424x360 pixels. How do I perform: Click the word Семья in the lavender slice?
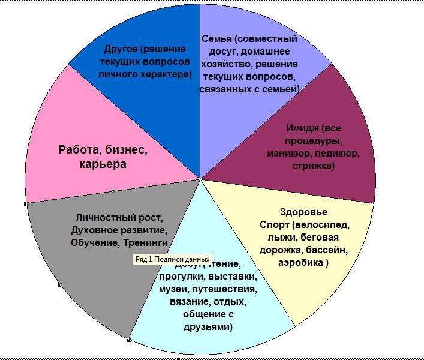click(215, 39)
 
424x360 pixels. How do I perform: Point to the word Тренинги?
click(146, 243)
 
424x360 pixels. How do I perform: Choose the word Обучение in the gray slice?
click(96, 243)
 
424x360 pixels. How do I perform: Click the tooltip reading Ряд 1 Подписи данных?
click(172, 259)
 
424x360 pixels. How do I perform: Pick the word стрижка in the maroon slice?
click(313, 167)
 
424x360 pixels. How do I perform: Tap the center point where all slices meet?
click(200, 179)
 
